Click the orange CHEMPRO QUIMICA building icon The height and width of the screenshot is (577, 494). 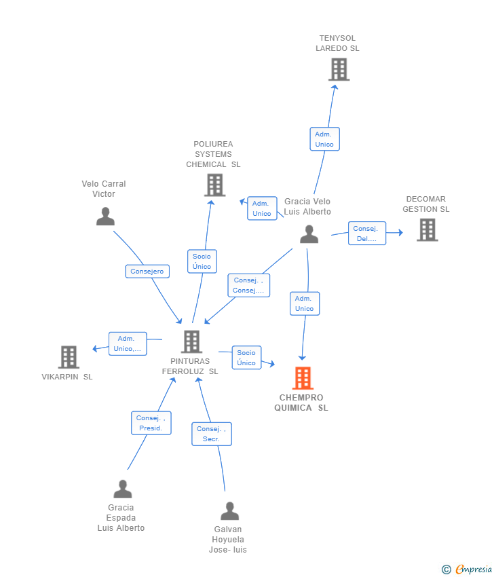(x=303, y=378)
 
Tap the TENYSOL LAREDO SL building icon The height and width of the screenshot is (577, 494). (x=339, y=69)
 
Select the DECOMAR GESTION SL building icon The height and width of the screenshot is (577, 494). (x=427, y=230)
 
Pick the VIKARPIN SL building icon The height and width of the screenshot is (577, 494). (x=69, y=357)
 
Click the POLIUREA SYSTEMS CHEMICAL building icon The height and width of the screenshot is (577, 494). (x=214, y=185)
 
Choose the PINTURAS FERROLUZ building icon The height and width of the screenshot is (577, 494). (x=191, y=341)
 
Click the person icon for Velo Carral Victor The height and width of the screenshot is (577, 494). (x=105, y=217)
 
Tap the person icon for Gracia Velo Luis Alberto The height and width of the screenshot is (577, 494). (x=309, y=234)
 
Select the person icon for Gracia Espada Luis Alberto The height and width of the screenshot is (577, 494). (x=122, y=489)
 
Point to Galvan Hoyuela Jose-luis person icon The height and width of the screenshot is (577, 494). (x=229, y=510)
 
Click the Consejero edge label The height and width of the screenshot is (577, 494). (x=147, y=272)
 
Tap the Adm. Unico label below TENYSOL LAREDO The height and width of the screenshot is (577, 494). (x=324, y=139)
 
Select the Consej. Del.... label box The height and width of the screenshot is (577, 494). (x=367, y=234)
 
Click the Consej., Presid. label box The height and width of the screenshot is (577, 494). (x=151, y=423)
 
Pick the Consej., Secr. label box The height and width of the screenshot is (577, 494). (x=211, y=434)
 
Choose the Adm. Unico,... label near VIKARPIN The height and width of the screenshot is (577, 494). (x=128, y=343)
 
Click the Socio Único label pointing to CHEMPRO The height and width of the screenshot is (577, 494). (x=246, y=358)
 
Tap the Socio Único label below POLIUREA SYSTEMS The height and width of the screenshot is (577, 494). (x=202, y=261)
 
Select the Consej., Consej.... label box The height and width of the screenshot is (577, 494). (x=248, y=285)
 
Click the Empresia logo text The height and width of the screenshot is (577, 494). (x=473, y=569)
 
